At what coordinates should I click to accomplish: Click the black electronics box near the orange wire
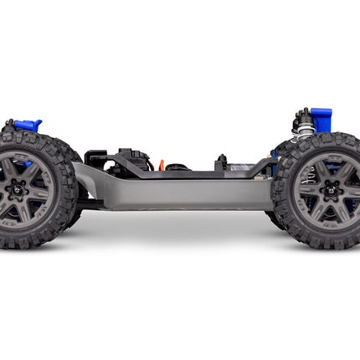130,161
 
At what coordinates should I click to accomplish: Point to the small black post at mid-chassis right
221,162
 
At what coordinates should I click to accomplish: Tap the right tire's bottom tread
322,244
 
